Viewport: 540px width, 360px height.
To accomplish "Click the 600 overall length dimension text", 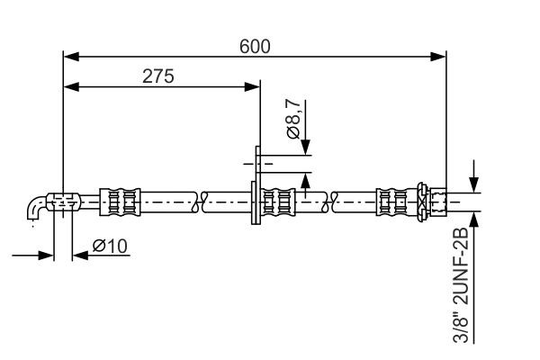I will [x=255, y=45].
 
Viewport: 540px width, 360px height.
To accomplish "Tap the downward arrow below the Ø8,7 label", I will [x=306, y=148].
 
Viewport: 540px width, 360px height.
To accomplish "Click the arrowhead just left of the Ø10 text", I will [x=78, y=255].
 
